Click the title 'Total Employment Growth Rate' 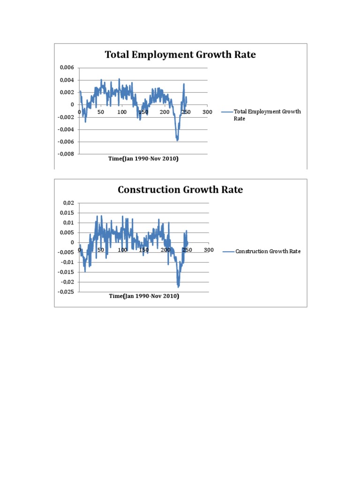coord(180,55)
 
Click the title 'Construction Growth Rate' coord(180,190)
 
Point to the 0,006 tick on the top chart coord(67,68)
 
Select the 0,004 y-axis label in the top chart coord(67,80)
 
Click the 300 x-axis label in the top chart coord(207,112)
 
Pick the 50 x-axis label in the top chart coord(101,112)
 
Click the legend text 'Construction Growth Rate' coord(268,251)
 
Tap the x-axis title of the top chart coord(143,159)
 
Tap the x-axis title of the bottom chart coord(143,296)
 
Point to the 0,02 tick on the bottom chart coord(68,203)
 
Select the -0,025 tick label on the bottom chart coord(66,292)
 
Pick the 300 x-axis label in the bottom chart coord(209,250)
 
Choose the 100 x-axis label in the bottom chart coord(122,250)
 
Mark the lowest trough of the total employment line coord(177,140)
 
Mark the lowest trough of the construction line coord(178,286)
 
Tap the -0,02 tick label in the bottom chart coord(67,282)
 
